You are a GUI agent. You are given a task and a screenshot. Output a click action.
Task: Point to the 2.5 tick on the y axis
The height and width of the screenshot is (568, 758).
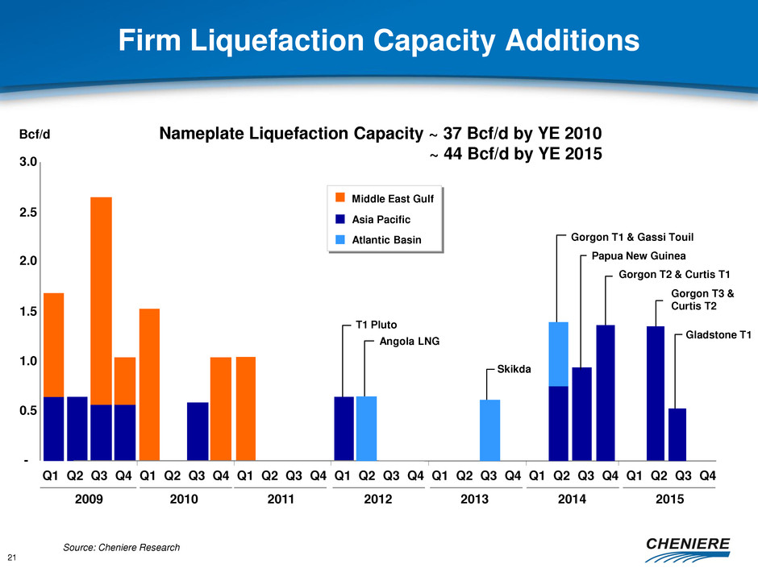pyautogui.click(x=27, y=213)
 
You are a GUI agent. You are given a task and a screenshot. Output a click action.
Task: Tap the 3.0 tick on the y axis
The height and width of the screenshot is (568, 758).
pyautogui.click(x=27, y=162)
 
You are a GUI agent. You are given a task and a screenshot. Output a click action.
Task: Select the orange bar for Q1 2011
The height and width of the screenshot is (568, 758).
pyautogui.click(x=246, y=408)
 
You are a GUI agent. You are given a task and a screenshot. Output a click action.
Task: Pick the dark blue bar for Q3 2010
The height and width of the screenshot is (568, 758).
pyautogui.click(x=198, y=432)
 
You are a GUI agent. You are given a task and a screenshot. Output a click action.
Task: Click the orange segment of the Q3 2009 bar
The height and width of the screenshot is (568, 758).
pyautogui.click(x=101, y=301)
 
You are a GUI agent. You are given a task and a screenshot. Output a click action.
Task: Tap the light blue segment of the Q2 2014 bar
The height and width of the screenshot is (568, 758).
pyautogui.click(x=559, y=354)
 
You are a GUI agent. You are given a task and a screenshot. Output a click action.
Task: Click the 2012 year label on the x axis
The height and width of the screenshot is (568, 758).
pyautogui.click(x=378, y=500)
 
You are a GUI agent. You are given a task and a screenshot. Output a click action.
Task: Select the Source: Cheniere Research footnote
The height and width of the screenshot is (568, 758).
pyautogui.click(x=121, y=548)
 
